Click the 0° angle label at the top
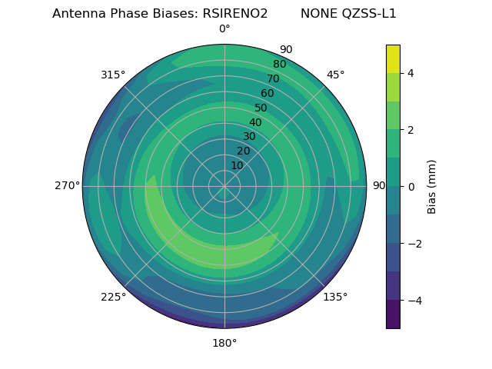[x=224, y=29]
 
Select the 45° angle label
[x=336, y=75]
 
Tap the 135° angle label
[x=335, y=298]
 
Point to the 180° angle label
[x=224, y=343]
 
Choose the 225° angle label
[x=113, y=298]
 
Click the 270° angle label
[x=67, y=186]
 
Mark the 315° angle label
[x=113, y=75]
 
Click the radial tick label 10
[x=237, y=166]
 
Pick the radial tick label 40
[x=255, y=123]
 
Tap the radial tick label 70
[x=274, y=79]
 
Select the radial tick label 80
[x=280, y=65]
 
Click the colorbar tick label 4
[x=411, y=73]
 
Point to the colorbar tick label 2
[x=411, y=130]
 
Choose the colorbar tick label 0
[x=411, y=187]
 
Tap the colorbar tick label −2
[x=414, y=244]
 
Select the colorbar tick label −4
[x=414, y=301]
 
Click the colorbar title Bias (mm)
[x=432, y=187]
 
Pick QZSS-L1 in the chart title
[x=370, y=14]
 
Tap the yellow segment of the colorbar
[x=393, y=59]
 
